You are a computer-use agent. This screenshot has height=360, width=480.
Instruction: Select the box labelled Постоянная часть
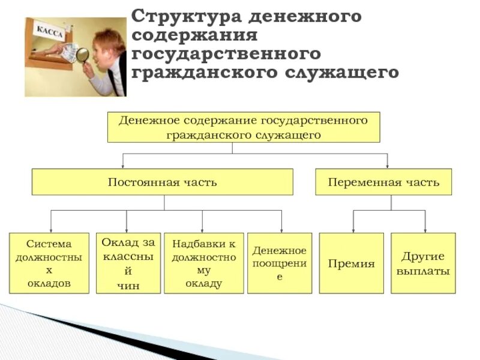tap(162, 182)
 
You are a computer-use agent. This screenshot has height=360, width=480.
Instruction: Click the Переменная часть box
tap(383, 182)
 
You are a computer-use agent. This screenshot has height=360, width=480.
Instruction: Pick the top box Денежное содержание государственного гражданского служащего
tap(243, 127)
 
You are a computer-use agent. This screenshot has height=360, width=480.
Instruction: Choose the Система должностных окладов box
tap(49, 263)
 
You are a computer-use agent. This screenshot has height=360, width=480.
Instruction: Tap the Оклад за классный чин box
tap(128, 263)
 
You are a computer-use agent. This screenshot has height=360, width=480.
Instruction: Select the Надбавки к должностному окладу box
tap(204, 263)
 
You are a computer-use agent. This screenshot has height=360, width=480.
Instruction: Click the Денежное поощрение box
tap(280, 263)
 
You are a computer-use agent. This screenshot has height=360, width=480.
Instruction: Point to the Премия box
tap(351, 263)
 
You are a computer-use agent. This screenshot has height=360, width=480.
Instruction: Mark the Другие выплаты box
tap(423, 263)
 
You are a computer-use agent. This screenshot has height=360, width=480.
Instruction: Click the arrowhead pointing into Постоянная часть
tap(123, 165)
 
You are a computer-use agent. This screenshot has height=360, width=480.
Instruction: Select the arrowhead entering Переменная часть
tap(387, 165)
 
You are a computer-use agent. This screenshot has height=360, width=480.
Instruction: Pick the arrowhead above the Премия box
tap(353, 229)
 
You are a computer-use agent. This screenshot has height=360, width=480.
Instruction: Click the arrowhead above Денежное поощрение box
tap(281, 229)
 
